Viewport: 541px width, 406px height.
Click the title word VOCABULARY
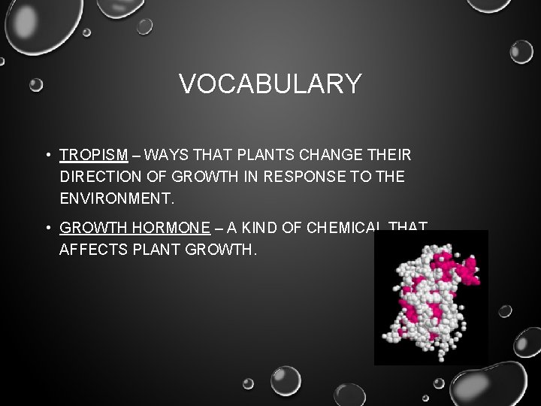270,83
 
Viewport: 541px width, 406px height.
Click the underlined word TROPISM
94,156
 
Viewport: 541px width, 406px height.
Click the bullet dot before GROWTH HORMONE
47,228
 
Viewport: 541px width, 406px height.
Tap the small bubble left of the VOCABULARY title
36,85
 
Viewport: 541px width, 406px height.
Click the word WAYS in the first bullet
166,156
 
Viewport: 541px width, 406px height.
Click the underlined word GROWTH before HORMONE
90,227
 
